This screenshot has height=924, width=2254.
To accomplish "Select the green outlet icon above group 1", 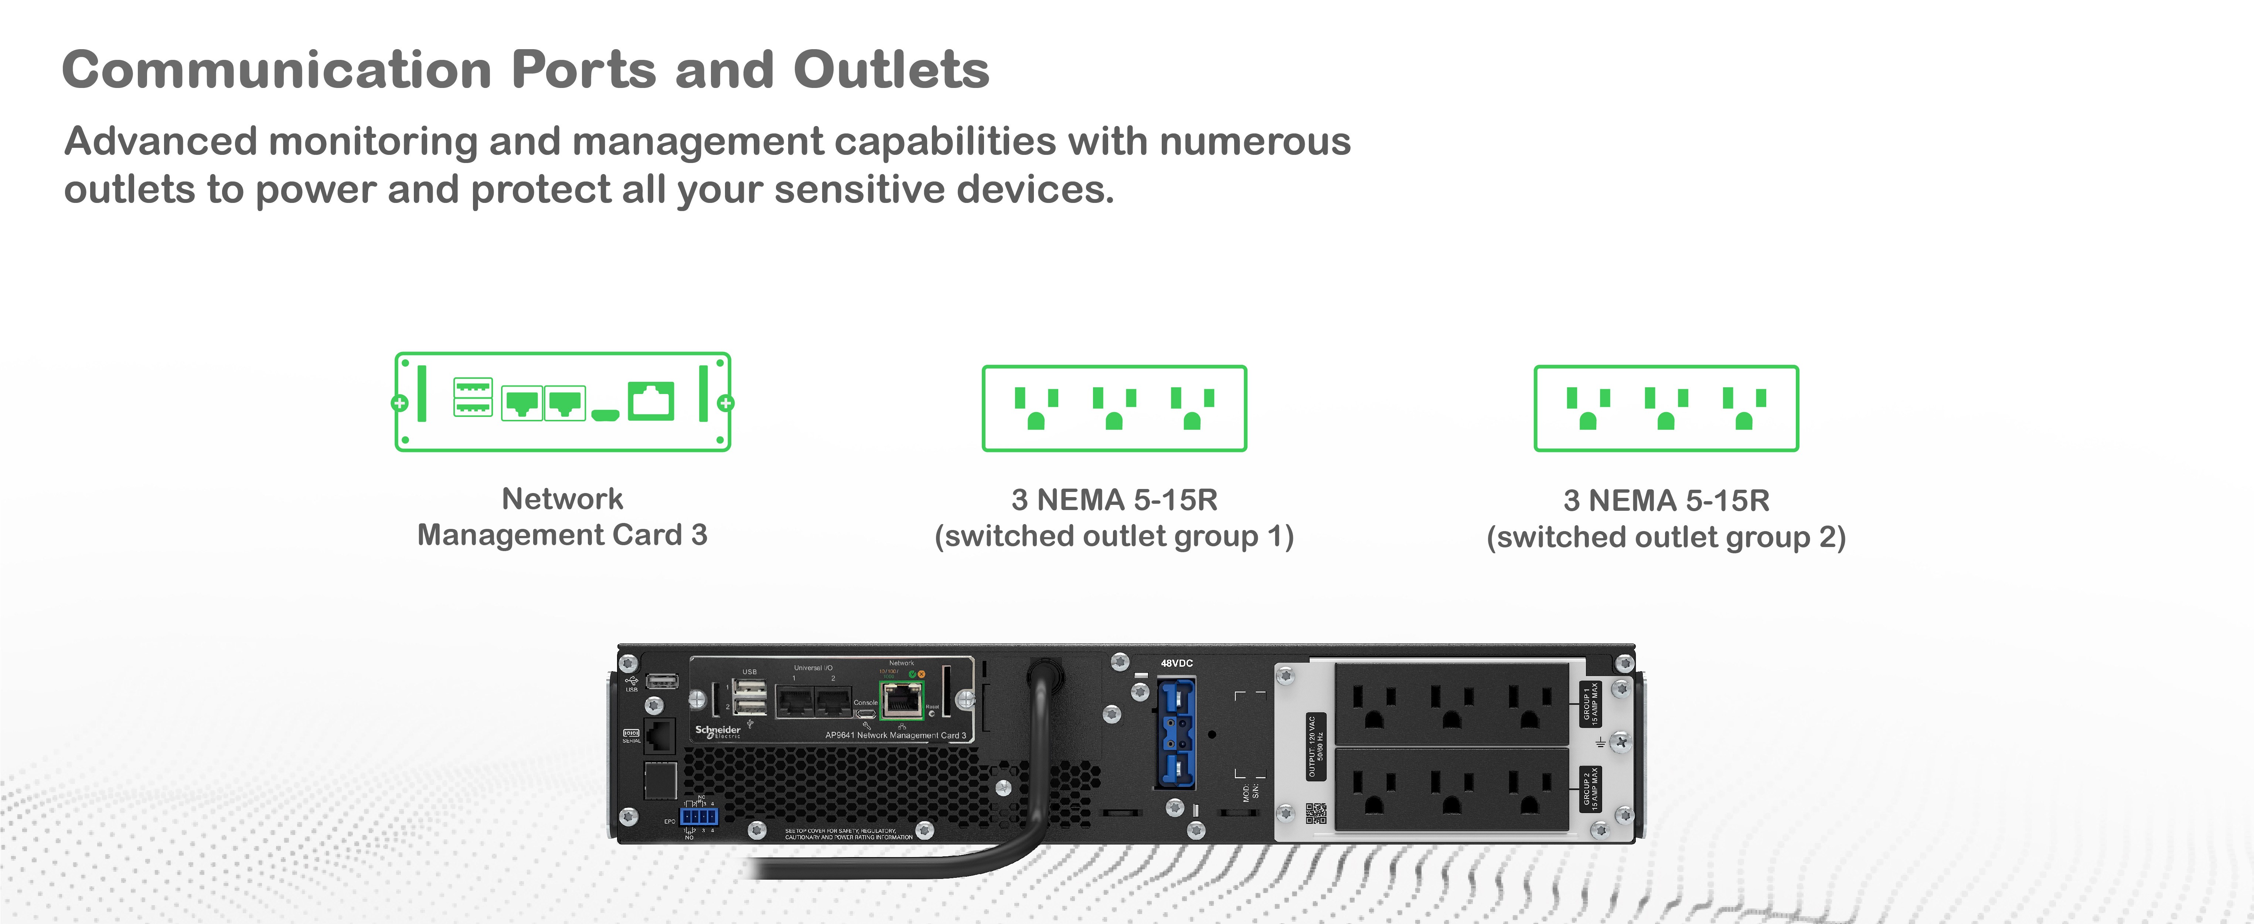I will point(1114,409).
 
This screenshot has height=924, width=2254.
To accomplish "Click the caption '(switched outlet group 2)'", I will point(1666,536).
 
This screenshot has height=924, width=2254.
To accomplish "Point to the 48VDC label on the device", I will point(1176,663).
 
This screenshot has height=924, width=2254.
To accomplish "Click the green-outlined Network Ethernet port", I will point(900,700).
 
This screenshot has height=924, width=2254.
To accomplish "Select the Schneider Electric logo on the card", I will point(718,731).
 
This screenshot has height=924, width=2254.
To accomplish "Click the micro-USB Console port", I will point(865,714).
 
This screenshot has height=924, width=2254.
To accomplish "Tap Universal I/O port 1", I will point(796,700).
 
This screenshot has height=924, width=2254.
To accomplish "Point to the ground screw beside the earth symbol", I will point(1620,742).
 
